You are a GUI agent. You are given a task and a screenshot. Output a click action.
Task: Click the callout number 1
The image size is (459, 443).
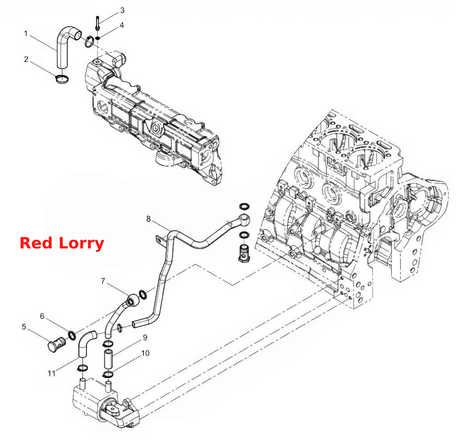[x=26, y=33]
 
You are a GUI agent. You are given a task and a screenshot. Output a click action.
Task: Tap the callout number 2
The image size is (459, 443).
[x=26, y=59]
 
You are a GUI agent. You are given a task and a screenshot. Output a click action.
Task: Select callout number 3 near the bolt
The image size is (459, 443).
[x=123, y=10]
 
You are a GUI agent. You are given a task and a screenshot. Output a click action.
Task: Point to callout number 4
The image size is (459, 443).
[x=122, y=25]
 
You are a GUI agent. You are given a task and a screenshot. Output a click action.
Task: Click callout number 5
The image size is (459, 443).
[x=24, y=327]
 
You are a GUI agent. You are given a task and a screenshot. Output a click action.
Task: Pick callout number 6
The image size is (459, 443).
[x=42, y=316]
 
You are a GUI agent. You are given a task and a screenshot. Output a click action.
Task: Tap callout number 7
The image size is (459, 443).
[x=103, y=281]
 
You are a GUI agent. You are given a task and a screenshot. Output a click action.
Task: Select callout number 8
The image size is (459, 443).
[x=148, y=219]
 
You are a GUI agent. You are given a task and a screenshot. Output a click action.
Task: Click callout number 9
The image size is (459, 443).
[x=145, y=337]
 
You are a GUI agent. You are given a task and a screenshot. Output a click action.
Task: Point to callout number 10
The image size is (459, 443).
[x=145, y=353]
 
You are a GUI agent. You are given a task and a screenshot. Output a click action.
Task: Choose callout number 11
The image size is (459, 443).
[x=52, y=374]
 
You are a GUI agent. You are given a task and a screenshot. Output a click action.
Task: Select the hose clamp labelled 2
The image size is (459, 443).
[x=62, y=79]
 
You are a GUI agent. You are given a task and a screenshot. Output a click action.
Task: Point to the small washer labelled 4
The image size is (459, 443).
[x=98, y=38]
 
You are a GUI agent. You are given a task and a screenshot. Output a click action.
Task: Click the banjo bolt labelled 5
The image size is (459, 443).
[x=57, y=344]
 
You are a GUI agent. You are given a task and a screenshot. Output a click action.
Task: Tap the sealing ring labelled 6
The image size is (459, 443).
[x=71, y=335]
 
